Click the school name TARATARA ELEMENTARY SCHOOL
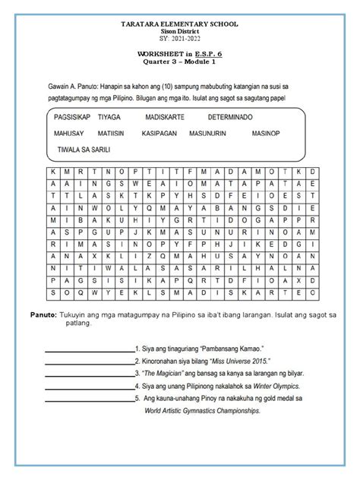click(x=180, y=25)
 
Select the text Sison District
click(x=180, y=31)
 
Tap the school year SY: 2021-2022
click(x=180, y=38)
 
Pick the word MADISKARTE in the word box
click(x=168, y=118)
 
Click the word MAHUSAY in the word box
click(x=70, y=134)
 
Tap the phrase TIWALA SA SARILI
click(x=82, y=150)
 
